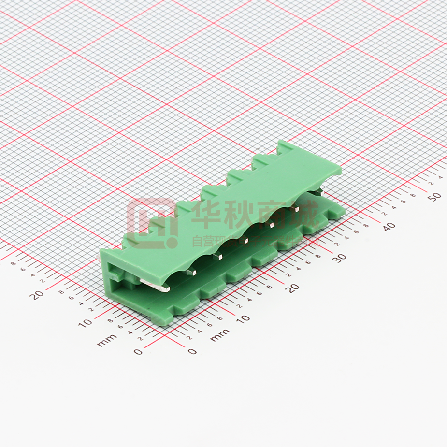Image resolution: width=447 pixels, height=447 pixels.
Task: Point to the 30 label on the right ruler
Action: (x=341, y=258)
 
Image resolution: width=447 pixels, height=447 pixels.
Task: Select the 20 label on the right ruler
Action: (x=292, y=288)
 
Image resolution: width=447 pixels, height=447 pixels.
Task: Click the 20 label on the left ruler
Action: (x=37, y=294)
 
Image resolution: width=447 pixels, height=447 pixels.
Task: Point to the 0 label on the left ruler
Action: (x=138, y=351)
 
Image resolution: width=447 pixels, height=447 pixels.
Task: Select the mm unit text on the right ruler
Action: (x=220, y=335)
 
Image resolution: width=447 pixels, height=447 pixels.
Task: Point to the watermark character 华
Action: (x=208, y=213)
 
